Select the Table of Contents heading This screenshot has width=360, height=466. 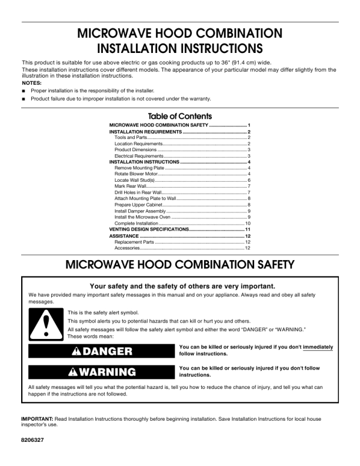coord(180,116)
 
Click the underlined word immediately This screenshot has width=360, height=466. coord(318,347)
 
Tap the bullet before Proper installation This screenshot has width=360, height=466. coord(23,91)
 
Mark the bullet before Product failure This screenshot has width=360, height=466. coord(23,99)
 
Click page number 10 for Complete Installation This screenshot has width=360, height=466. coord(248,224)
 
